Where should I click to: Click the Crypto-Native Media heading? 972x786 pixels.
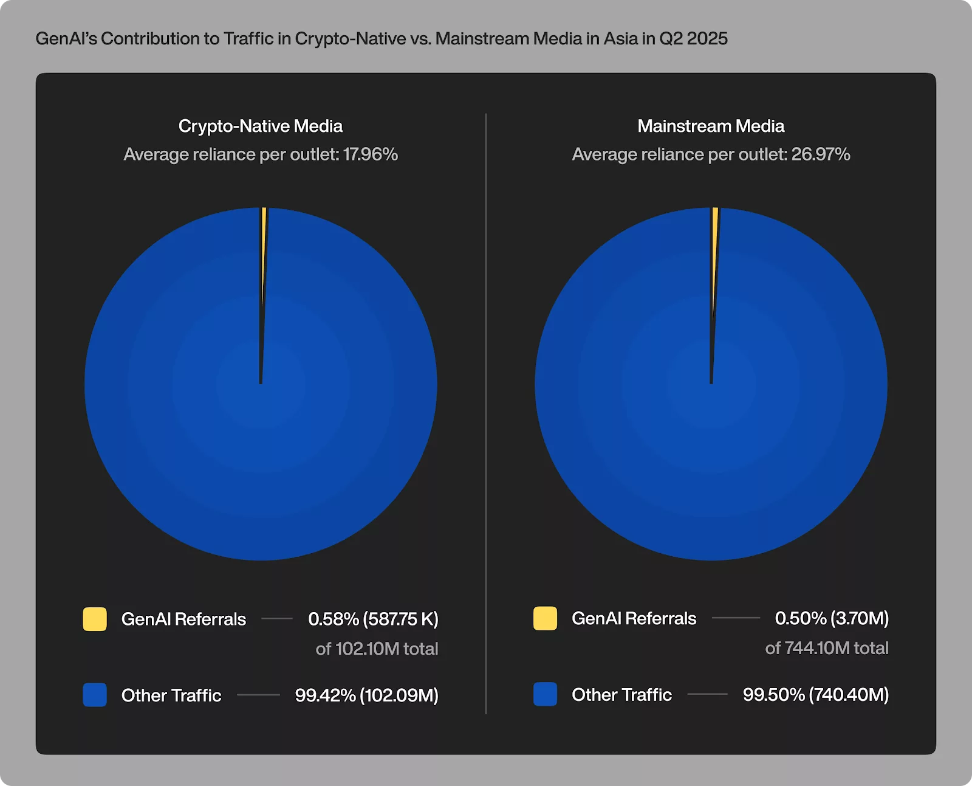tap(260, 126)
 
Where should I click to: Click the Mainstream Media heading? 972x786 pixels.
tap(710, 126)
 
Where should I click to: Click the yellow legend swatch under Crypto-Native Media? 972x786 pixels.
tap(95, 619)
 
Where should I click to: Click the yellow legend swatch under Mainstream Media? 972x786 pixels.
tap(545, 618)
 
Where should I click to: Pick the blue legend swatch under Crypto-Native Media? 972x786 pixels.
tap(95, 695)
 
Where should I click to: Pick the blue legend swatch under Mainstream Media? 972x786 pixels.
tap(545, 694)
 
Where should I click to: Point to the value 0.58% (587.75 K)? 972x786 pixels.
tap(373, 619)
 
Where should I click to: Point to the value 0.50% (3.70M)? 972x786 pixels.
tap(831, 618)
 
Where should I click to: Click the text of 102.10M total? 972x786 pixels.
tap(377, 649)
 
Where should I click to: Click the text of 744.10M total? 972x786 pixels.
tap(827, 648)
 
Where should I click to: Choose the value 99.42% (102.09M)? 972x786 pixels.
tap(366, 695)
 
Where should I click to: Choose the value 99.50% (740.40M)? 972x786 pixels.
tap(815, 694)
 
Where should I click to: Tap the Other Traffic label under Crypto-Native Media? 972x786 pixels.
tap(171, 695)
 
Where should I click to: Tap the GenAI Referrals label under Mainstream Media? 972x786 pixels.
tap(634, 618)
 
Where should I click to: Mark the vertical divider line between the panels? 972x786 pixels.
tap(486, 413)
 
